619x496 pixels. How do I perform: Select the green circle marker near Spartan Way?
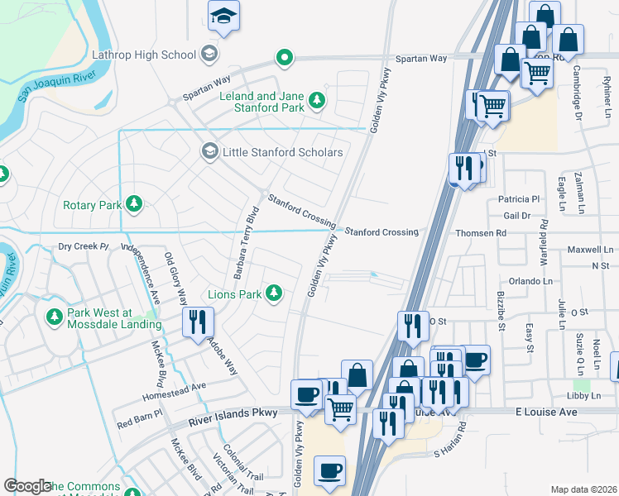pyautogui.click(x=284, y=58)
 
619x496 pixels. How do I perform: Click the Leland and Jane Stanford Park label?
pyautogui.click(x=261, y=102)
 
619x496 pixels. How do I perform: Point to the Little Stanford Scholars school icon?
pyautogui.click(x=210, y=152)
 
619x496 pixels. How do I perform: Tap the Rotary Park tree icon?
pyautogui.click(x=132, y=204)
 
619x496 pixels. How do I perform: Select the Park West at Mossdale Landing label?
pyautogui.click(x=111, y=318)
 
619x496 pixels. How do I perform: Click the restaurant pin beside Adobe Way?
pyautogui.click(x=198, y=322)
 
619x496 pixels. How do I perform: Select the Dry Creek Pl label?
pyautogui.click(x=84, y=246)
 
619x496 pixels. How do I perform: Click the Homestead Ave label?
pyautogui.click(x=181, y=387)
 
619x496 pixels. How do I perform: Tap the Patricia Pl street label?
pyautogui.click(x=519, y=199)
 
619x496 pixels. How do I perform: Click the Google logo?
pyautogui.click(x=27, y=486)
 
